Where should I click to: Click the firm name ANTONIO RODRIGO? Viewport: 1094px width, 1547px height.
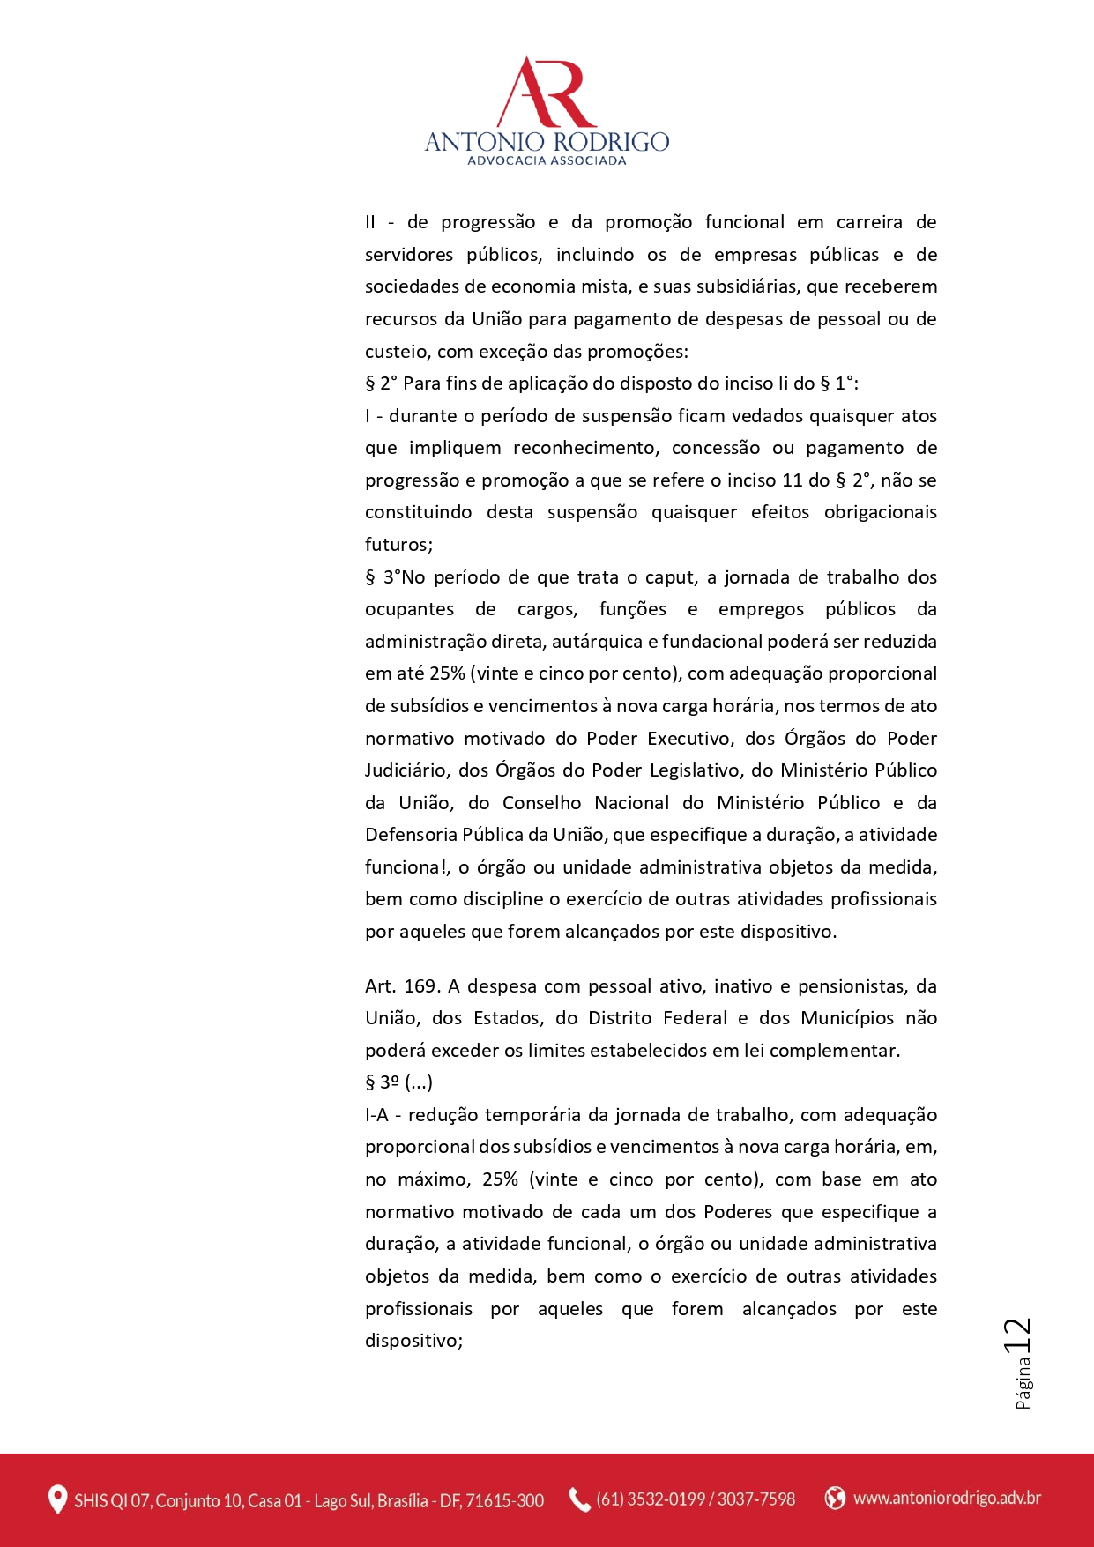[x=547, y=141]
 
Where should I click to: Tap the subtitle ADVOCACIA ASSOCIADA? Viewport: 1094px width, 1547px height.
[x=547, y=160]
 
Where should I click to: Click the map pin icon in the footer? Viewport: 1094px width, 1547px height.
[x=57, y=1499]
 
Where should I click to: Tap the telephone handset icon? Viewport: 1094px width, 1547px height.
[x=579, y=1499]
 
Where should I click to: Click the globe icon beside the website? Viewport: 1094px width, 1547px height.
[x=834, y=1498]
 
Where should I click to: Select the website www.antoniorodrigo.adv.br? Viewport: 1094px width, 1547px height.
[x=947, y=1498]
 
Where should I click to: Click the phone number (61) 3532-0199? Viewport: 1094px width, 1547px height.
[x=651, y=1499]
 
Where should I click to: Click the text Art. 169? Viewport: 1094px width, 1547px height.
[x=402, y=986]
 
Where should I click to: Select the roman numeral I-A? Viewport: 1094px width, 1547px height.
[x=376, y=1115]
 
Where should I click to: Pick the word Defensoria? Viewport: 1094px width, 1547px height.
[x=411, y=835]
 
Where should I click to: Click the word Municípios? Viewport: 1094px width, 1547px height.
[x=847, y=1018]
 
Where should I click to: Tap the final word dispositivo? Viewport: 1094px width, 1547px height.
[x=413, y=1341]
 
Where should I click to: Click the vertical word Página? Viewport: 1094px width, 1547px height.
[x=1023, y=1383]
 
